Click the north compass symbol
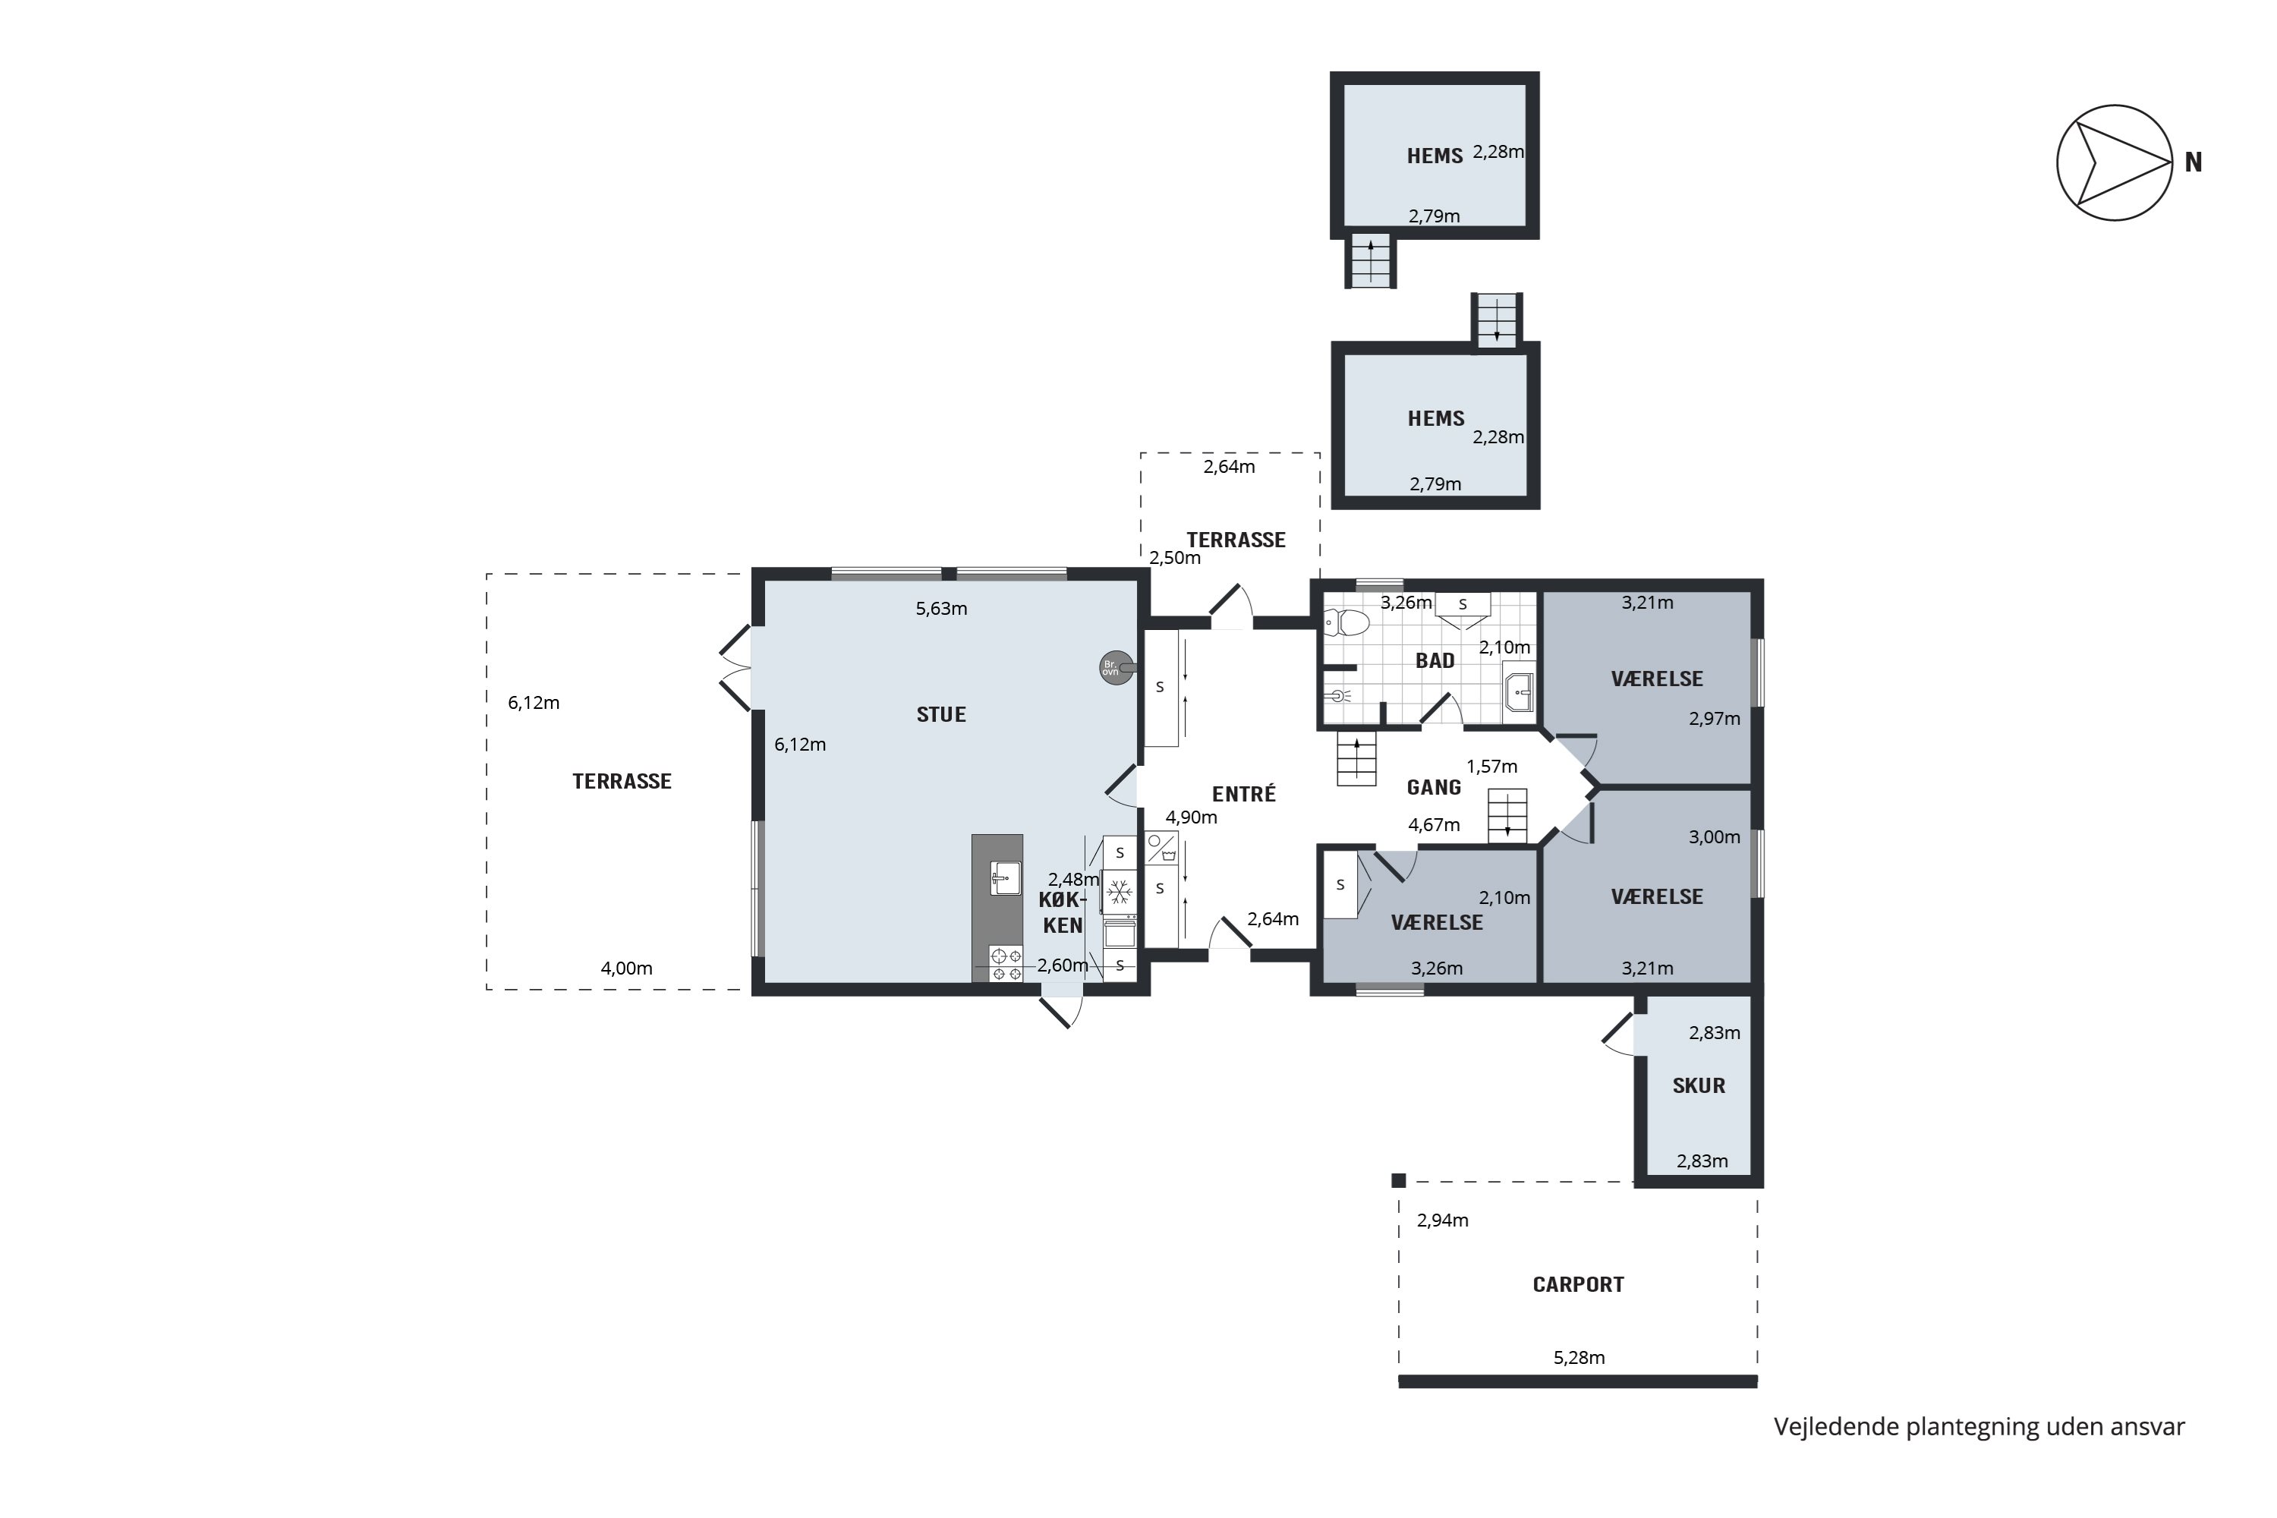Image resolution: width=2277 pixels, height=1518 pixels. (2115, 162)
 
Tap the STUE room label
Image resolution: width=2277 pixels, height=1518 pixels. (941, 714)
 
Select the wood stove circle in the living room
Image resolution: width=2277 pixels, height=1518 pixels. (1116, 668)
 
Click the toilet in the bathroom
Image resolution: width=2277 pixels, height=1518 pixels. (1346, 622)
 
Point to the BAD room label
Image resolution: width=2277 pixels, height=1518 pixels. (1435, 660)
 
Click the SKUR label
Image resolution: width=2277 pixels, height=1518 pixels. (1699, 1085)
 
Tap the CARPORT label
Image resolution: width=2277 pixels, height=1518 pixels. (1578, 1285)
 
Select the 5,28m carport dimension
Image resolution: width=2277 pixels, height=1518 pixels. (1579, 1357)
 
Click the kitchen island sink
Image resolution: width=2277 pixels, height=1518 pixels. (1006, 878)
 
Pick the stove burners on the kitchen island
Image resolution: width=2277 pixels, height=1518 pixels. (1006, 963)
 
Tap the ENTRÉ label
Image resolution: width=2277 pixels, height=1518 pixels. (1244, 794)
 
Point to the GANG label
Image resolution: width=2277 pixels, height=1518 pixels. (1434, 787)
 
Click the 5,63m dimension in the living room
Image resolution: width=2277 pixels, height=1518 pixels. (941, 609)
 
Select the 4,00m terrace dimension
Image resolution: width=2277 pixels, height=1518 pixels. (626, 968)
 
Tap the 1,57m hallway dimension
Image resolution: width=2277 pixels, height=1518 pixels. (1492, 767)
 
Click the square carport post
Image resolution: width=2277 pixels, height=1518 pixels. (1398, 1180)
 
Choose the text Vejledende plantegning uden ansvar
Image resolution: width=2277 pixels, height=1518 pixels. (1979, 1427)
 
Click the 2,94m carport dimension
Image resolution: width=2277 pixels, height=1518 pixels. (1443, 1220)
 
